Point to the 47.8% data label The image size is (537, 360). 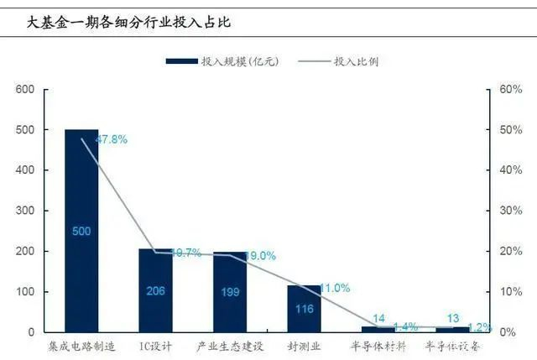point(111,139)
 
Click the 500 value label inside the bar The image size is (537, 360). point(81,231)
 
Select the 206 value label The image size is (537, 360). point(155,290)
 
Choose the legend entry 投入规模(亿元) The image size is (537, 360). point(222,61)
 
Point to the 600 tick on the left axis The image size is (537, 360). point(25,90)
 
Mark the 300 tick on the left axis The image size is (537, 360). point(25,211)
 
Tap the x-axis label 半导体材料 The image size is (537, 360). point(378,346)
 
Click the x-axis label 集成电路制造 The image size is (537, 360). point(81,346)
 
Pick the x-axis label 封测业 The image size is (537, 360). point(304,346)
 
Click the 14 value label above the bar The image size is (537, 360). point(378,319)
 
